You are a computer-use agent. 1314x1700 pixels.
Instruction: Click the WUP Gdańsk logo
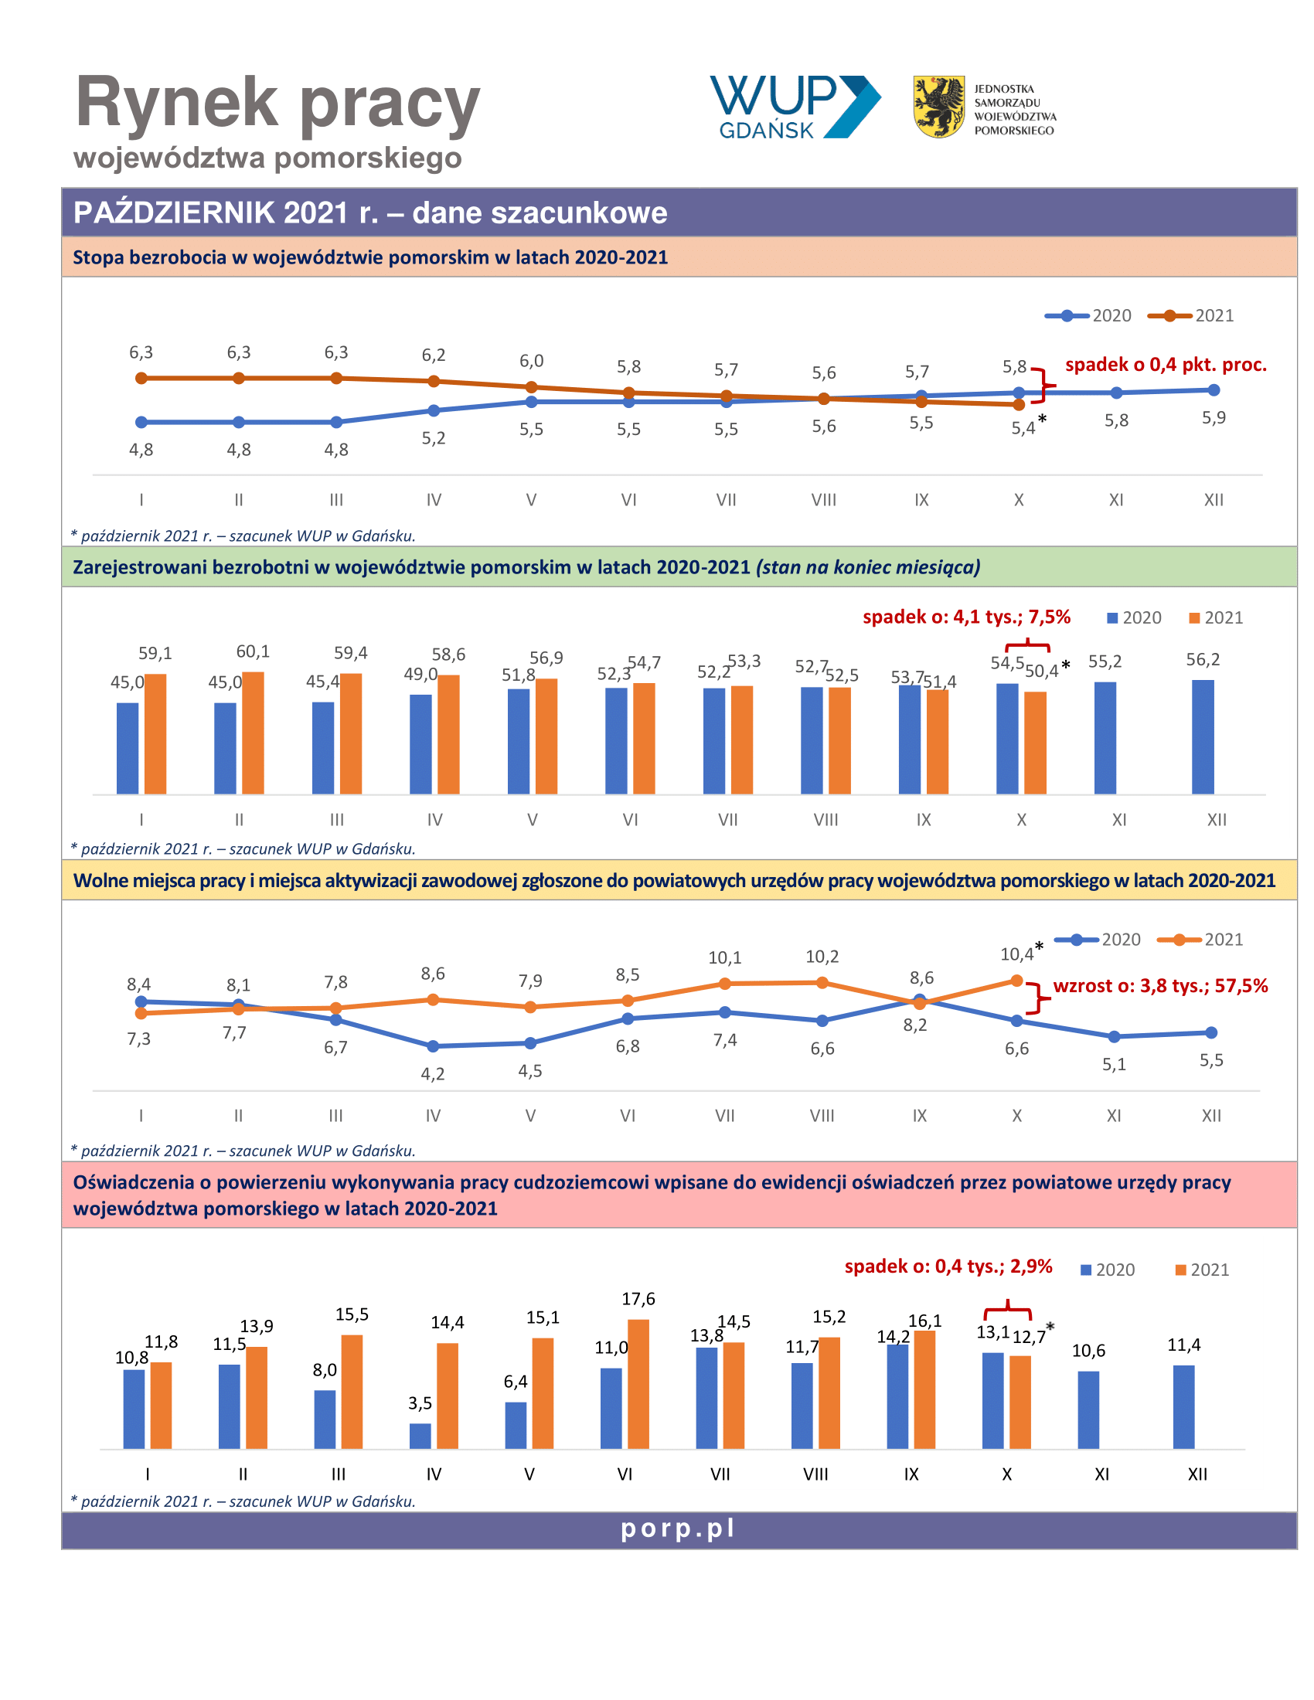tap(795, 107)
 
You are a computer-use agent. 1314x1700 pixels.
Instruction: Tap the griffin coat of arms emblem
tap(938, 107)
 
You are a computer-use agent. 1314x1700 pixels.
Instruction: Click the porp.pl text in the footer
tap(677, 1528)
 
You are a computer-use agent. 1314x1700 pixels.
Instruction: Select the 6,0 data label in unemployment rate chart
tap(531, 360)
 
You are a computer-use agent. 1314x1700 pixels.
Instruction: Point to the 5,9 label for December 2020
tap(1213, 417)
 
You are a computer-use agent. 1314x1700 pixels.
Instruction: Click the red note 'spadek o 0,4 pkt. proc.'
tap(1166, 364)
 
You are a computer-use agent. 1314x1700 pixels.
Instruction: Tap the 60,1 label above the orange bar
tap(253, 651)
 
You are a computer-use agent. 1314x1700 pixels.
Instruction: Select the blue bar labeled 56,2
tap(1202, 737)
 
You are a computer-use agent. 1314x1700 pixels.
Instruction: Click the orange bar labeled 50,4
tap(1034, 743)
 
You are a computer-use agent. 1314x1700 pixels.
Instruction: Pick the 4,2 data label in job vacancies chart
tap(433, 1074)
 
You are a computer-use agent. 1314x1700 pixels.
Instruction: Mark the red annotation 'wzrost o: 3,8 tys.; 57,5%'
tap(1160, 985)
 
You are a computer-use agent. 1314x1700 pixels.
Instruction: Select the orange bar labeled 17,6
tap(638, 1384)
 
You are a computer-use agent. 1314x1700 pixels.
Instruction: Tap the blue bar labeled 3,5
tap(420, 1436)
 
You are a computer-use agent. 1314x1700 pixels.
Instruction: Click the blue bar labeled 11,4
tap(1183, 1406)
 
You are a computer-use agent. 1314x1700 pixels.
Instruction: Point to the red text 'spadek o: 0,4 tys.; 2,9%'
tap(948, 1266)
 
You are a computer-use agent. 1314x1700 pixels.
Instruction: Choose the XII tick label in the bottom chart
tap(1197, 1474)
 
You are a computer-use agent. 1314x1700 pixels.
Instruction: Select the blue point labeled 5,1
tap(1114, 1037)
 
